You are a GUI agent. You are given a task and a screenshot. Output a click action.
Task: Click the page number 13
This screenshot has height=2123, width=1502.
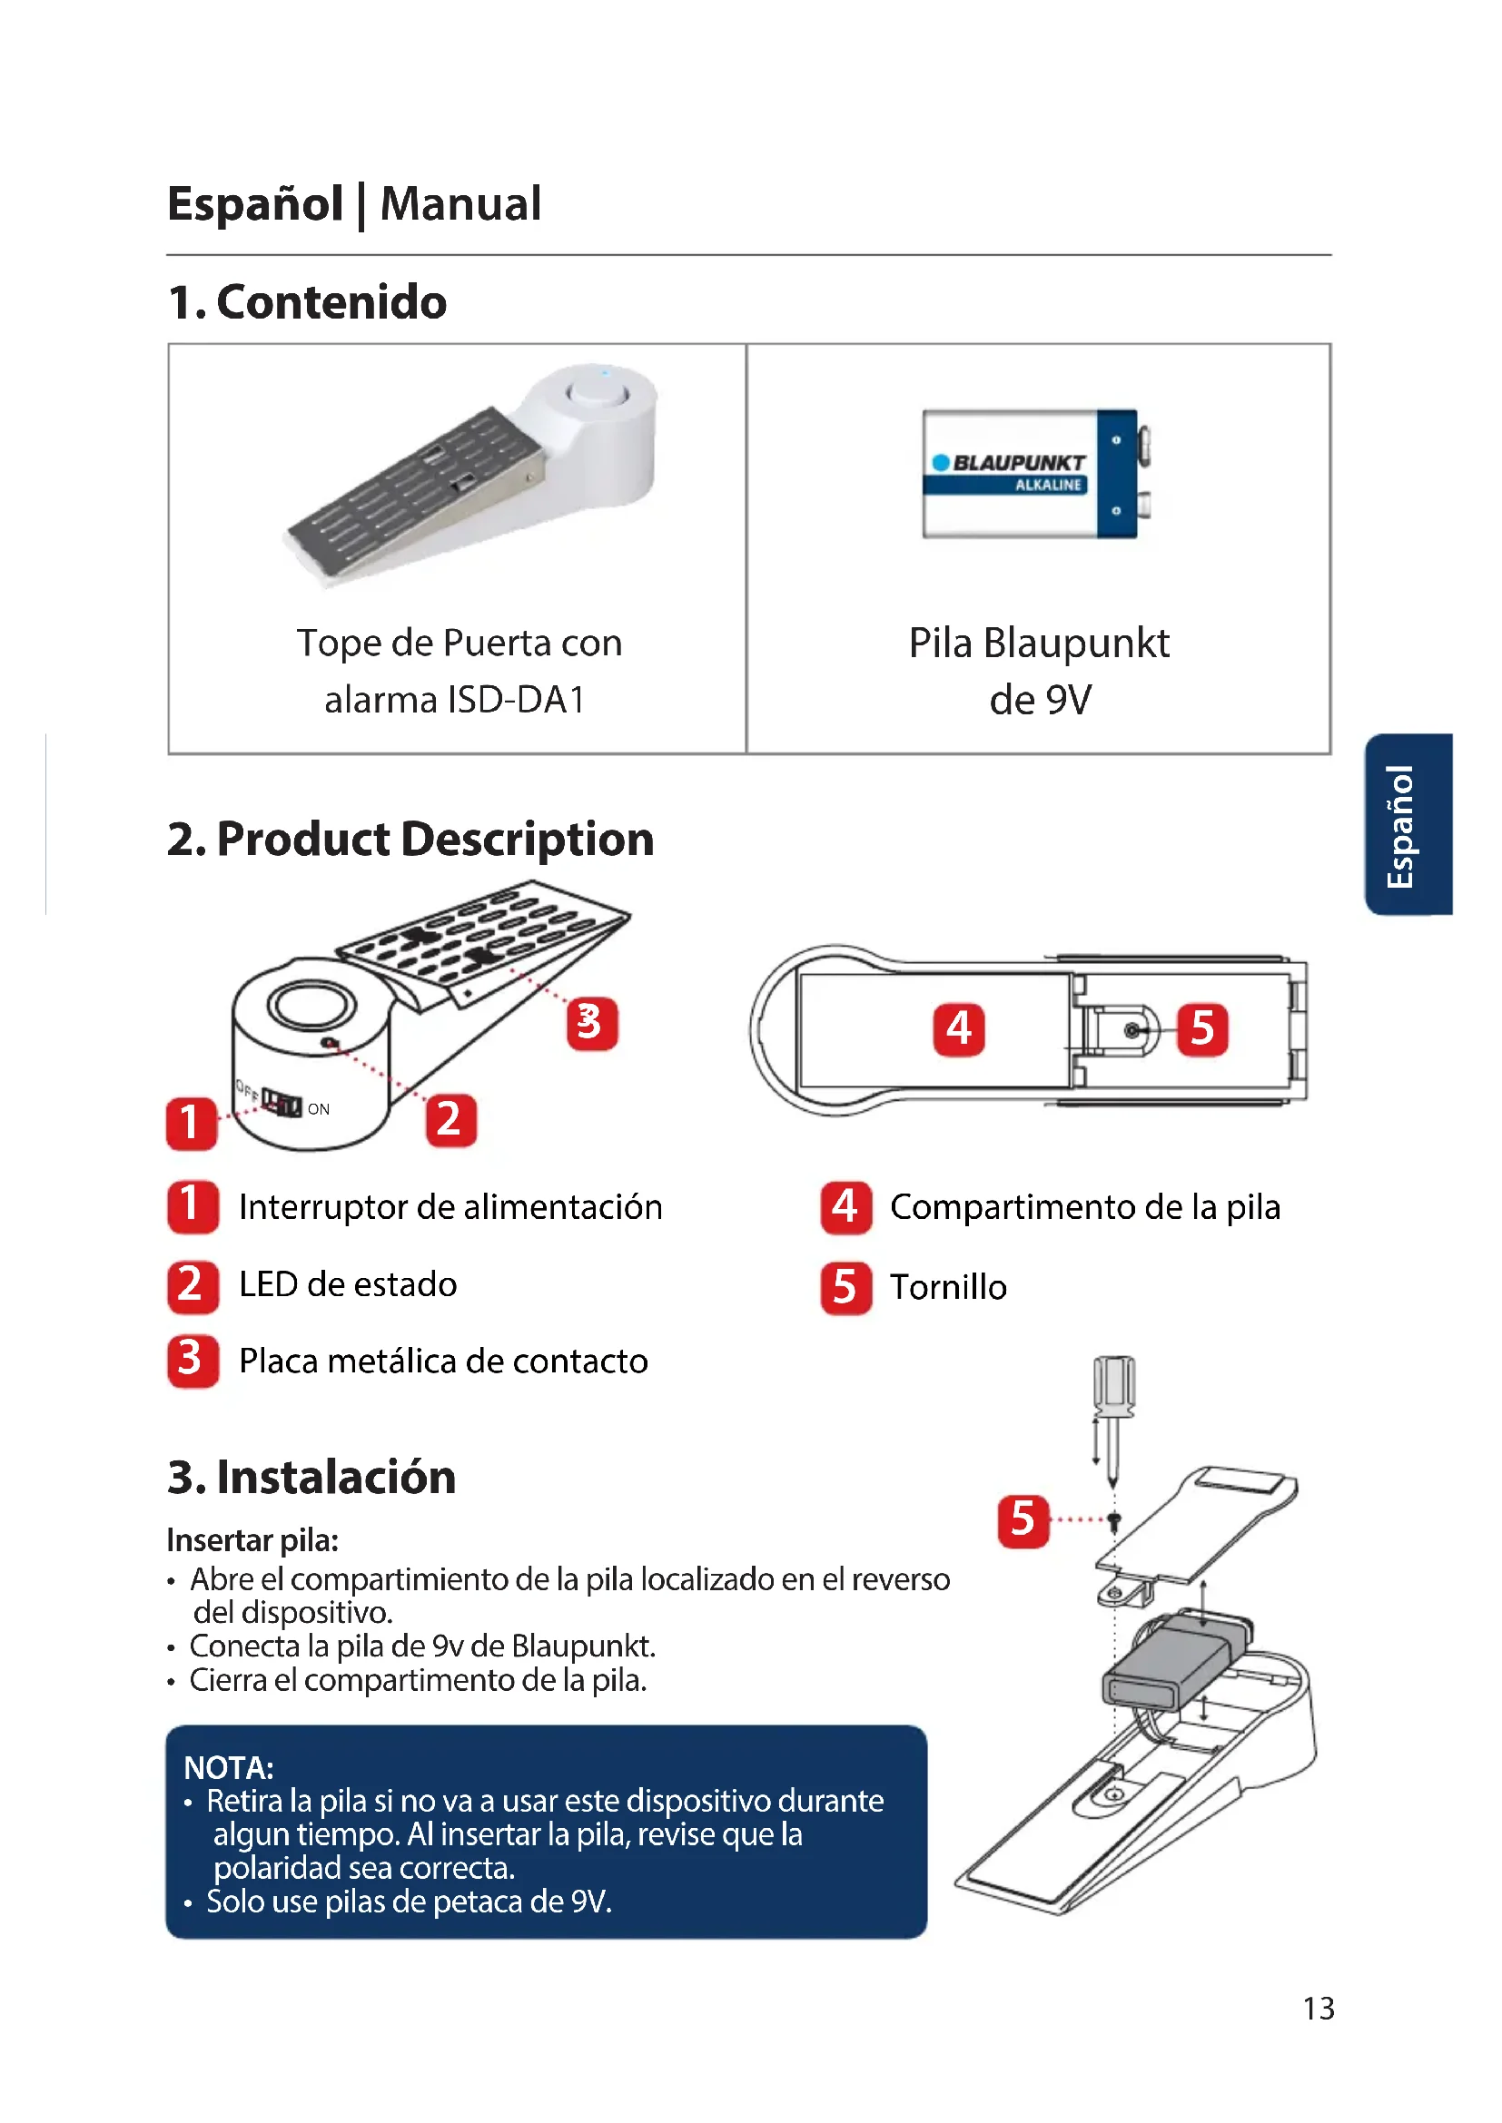1318,2009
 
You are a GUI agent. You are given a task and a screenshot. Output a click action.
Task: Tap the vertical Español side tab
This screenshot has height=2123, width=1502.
1407,825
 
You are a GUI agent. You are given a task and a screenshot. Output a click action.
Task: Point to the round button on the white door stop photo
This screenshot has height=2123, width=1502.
598,392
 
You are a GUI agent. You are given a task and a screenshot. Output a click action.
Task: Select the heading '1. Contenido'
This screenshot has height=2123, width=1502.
307,302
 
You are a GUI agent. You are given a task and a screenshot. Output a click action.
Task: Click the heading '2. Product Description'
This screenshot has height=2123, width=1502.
410,839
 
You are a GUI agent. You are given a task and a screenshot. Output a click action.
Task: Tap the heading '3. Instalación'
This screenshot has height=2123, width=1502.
311,1477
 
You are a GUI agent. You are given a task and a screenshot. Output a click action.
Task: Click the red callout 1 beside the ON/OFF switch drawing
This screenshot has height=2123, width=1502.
192,1123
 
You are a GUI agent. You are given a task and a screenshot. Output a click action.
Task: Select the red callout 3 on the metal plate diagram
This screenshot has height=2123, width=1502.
591,1024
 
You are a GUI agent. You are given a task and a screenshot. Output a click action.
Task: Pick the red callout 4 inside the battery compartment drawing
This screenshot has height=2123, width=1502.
958,1029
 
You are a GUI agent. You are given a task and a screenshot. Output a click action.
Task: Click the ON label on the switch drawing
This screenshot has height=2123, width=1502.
318,1108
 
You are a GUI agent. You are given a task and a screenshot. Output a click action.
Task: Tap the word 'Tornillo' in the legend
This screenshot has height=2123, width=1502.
948,1287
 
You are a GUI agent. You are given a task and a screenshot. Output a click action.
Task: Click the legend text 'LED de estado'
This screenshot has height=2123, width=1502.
348,1284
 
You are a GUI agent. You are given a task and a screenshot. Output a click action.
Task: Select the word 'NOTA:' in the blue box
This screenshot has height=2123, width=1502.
229,1768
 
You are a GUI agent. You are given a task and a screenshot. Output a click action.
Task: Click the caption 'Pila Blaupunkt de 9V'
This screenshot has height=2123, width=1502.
1039,671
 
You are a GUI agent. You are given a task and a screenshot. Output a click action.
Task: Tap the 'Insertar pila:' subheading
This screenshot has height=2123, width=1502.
252,1540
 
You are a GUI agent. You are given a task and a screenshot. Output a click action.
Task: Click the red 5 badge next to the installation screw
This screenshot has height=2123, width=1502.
1023,1520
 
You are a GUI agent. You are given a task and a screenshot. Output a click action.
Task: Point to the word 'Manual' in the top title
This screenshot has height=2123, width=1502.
460,203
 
